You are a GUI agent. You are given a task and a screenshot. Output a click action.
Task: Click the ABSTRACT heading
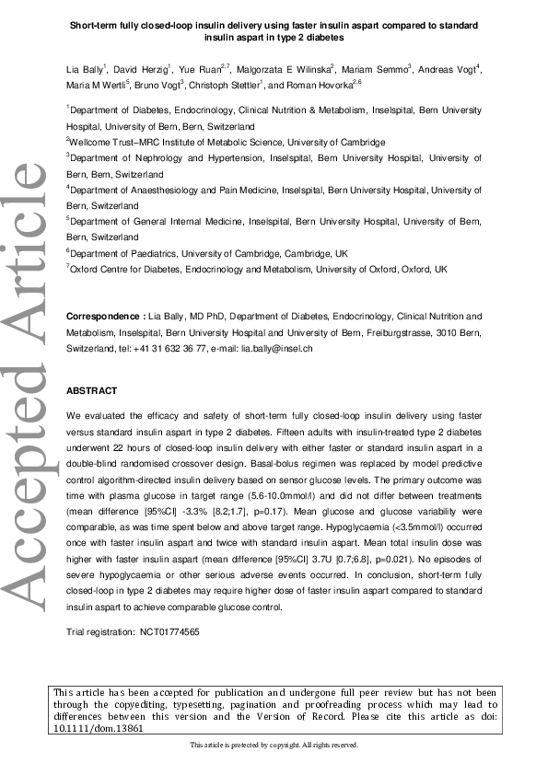[x=92, y=391]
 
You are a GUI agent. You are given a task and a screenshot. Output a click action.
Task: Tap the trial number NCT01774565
[x=169, y=632]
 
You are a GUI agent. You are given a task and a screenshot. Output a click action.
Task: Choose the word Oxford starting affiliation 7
[x=85, y=269]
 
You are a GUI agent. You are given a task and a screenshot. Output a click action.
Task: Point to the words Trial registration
[x=99, y=632]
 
